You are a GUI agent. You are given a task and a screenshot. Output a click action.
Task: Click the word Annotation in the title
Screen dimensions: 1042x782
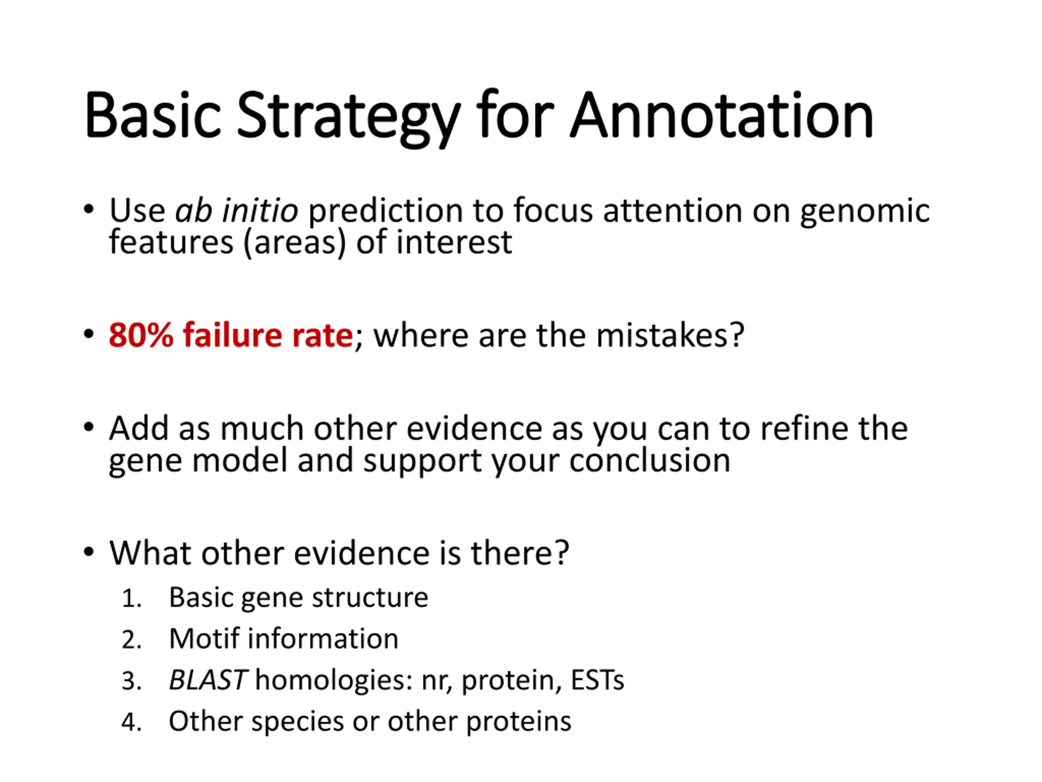click(722, 116)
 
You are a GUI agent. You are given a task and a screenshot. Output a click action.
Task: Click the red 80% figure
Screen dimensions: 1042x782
click(141, 335)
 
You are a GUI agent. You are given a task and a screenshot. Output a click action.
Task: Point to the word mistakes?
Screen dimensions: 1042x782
click(670, 335)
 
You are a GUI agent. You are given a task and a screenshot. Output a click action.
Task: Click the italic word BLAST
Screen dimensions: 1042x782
click(208, 680)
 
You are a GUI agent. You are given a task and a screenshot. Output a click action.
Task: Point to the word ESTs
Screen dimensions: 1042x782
click(597, 680)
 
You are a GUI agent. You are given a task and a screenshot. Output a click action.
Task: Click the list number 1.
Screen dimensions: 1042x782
click(131, 598)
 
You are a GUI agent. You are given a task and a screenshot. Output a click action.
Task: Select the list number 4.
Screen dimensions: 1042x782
click(131, 722)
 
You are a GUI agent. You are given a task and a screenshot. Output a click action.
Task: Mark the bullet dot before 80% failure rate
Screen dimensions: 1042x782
click(89, 334)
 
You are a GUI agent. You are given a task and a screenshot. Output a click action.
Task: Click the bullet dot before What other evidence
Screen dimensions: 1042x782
click(89, 551)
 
